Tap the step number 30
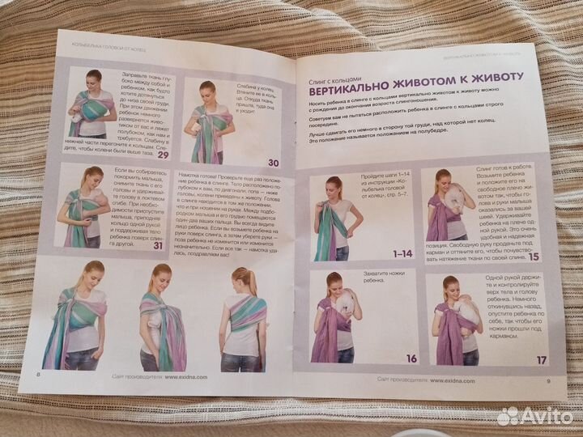(x=273, y=161)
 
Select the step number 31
(x=159, y=245)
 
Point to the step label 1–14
(x=402, y=253)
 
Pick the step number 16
(x=411, y=359)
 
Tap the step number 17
(x=541, y=360)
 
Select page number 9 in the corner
(x=547, y=382)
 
